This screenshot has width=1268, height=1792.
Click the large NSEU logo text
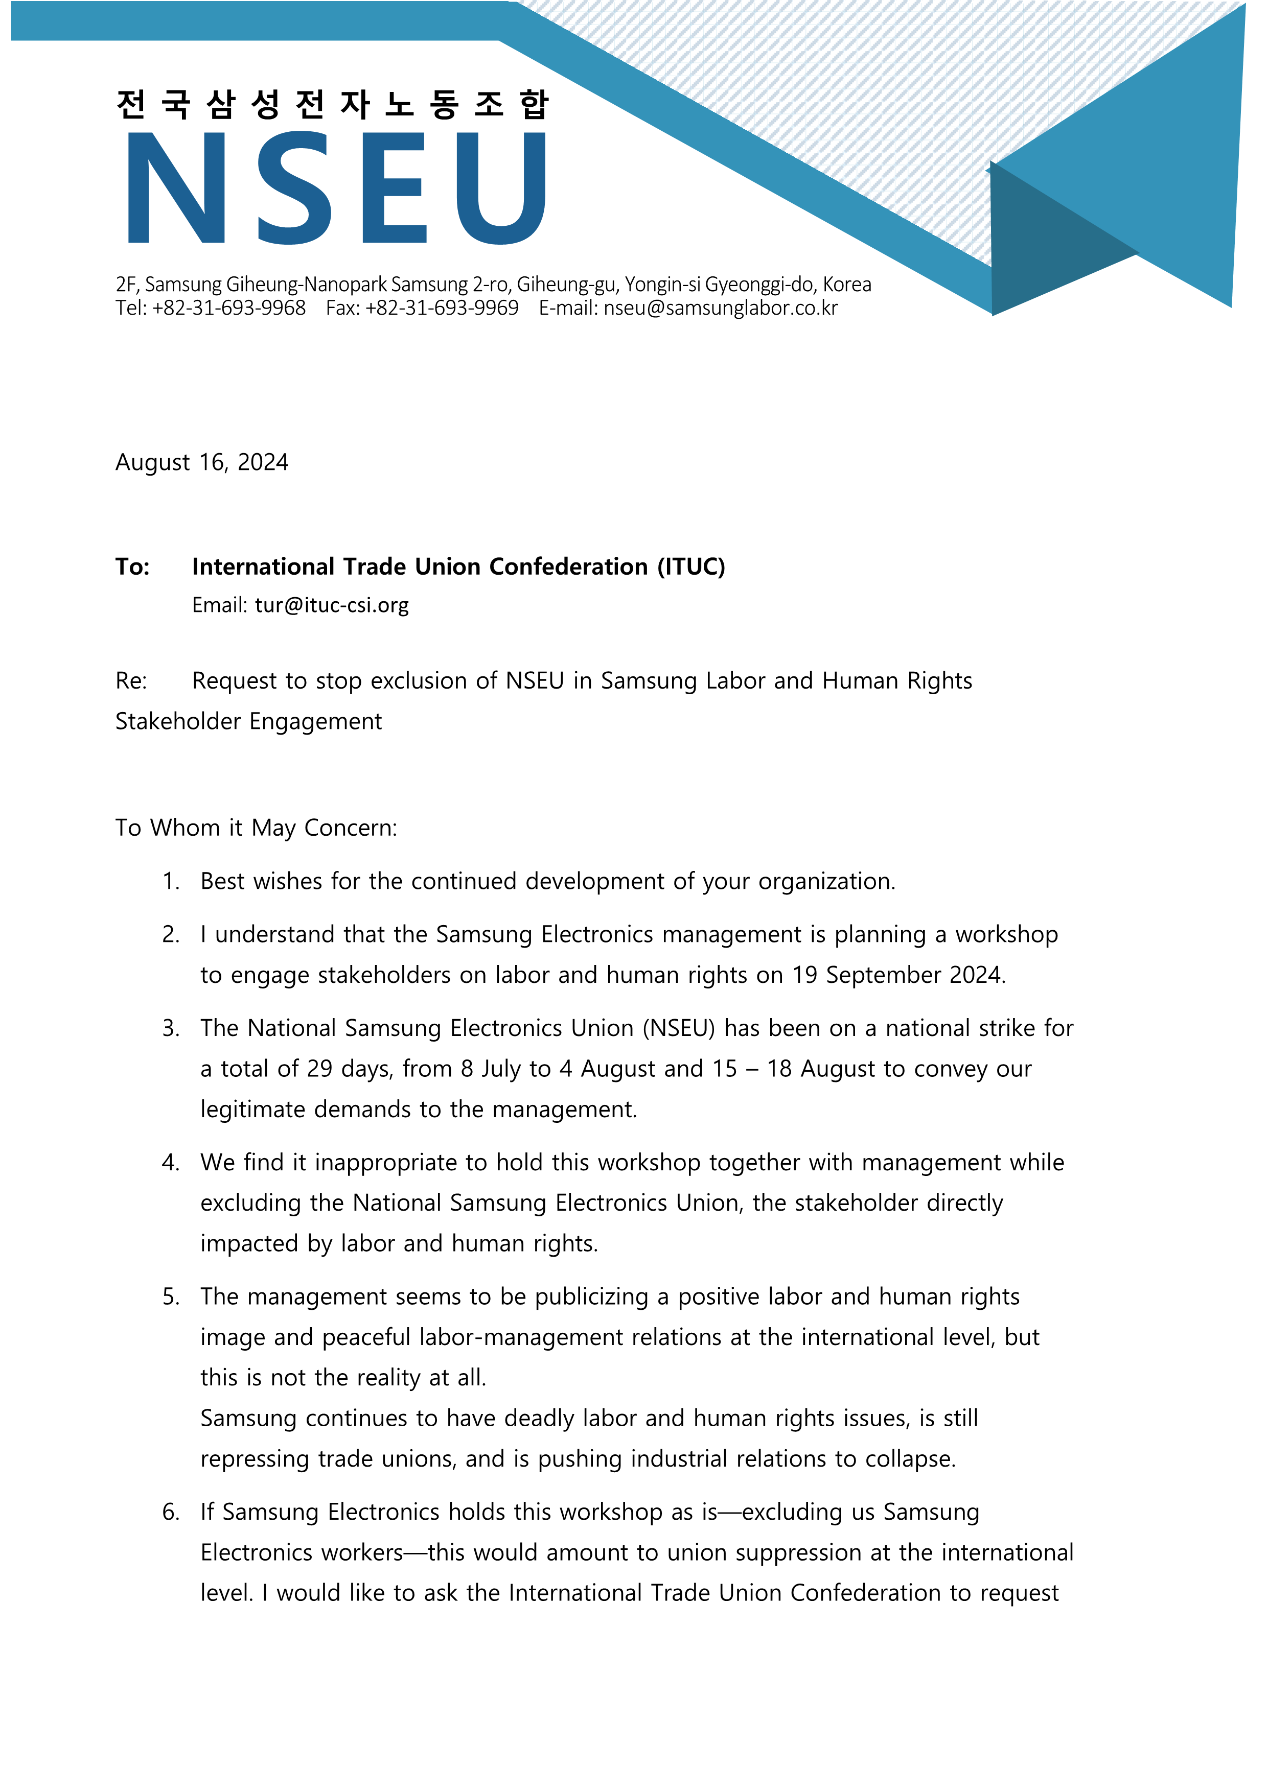[x=336, y=187]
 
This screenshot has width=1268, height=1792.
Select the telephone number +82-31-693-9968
[x=229, y=309]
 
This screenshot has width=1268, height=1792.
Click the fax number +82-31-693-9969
[x=442, y=309]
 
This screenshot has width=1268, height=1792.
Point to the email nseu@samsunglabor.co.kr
[x=720, y=309]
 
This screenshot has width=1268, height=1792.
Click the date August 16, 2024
[x=201, y=463]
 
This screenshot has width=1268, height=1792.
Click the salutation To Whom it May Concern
[x=256, y=828]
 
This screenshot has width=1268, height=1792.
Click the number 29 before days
[x=319, y=1069]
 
